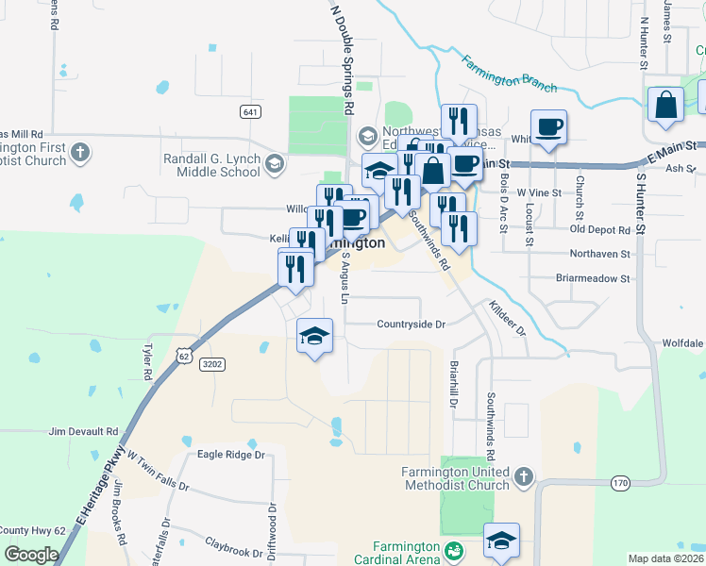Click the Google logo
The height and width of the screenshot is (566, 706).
tap(31, 554)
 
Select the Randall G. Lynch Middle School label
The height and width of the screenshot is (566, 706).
tap(212, 165)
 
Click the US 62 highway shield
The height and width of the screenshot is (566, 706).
tap(184, 354)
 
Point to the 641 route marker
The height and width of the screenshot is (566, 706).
tap(250, 112)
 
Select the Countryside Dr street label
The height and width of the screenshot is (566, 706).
tap(410, 324)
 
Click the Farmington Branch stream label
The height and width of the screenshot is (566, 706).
tap(509, 72)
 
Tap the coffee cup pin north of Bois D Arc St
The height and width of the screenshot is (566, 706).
tap(548, 127)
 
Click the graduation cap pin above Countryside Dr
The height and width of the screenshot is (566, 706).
tap(315, 337)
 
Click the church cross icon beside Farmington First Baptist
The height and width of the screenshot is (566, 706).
tap(80, 152)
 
